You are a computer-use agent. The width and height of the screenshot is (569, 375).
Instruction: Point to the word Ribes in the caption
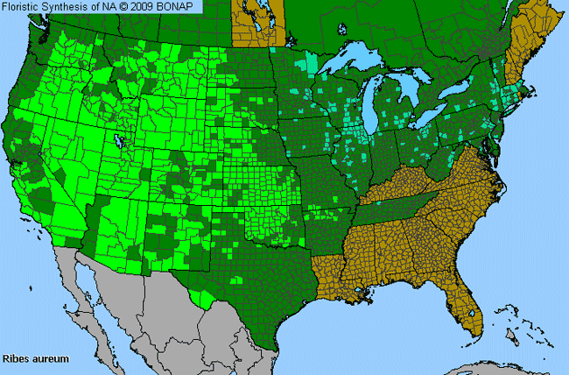[17, 359]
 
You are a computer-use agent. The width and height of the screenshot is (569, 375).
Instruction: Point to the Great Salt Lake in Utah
[118, 139]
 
